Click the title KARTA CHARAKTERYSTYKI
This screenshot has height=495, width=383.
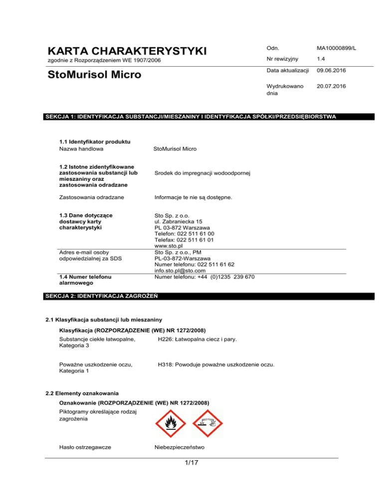[127, 51]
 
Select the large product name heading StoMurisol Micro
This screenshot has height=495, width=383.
[95, 75]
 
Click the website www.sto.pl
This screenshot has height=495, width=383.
[168, 246]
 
